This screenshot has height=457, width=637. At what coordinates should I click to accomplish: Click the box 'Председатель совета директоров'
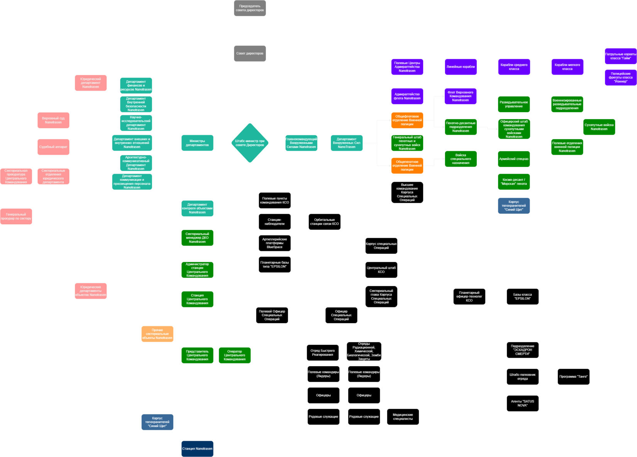point(250,8)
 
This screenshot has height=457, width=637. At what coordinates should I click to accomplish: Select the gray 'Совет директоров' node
point(250,53)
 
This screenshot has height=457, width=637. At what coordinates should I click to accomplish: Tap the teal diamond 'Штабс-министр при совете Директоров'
point(250,143)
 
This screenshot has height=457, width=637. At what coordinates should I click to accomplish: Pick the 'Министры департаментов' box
point(197,143)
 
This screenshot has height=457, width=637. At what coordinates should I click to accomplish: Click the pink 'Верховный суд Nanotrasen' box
point(53,120)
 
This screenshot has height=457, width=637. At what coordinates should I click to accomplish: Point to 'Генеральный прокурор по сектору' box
point(16,217)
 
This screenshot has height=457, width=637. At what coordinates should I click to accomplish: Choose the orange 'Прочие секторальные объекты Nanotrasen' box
point(157,334)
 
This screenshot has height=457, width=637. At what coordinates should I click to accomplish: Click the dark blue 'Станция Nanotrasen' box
point(197,448)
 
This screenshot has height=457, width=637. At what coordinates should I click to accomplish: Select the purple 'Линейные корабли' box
point(461,67)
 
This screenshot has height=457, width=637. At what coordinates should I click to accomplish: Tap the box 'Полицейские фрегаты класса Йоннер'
point(620,78)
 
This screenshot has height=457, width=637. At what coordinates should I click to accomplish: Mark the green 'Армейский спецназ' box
point(514,159)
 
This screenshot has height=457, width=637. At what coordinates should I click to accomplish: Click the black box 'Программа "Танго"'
point(573,377)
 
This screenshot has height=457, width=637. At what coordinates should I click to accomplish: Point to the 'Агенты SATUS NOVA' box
point(522,403)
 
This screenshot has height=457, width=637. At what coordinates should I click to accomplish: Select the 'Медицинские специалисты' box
point(403,417)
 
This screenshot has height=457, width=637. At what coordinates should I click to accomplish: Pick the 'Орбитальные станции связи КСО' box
point(324,222)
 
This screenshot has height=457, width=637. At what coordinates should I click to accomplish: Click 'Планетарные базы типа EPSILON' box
point(274,264)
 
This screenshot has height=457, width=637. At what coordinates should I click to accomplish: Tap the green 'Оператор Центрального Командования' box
point(235,355)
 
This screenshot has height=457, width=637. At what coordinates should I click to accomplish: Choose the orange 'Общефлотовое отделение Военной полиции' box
point(407,120)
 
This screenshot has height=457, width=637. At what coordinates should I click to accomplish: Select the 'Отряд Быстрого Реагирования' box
point(323,353)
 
